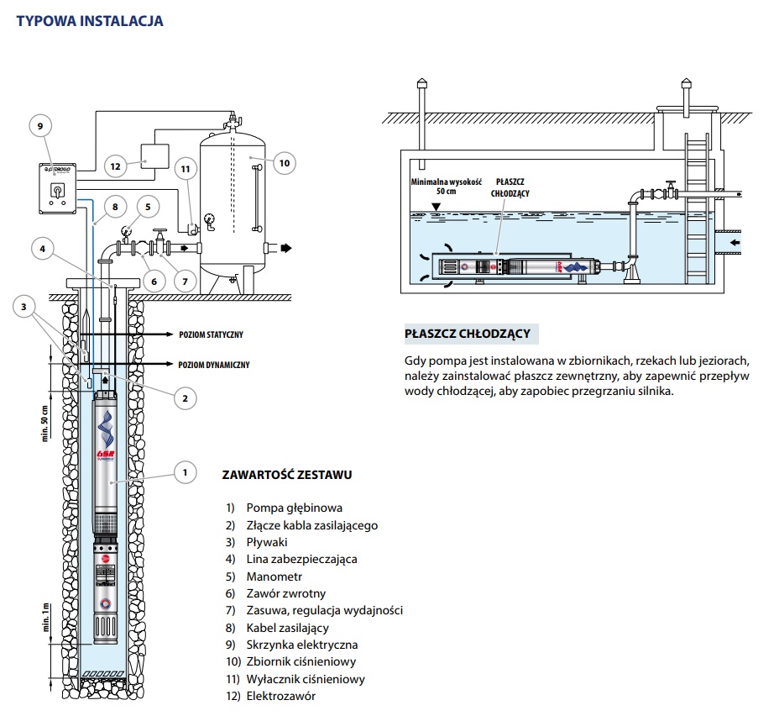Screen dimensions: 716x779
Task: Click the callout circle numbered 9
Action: coord(39,127)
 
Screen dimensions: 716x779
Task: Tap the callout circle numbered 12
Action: coord(117,166)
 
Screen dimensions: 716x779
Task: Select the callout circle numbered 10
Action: coord(284,162)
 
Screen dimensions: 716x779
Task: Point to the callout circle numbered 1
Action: coord(184,472)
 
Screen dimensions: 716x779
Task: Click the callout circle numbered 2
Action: coord(184,397)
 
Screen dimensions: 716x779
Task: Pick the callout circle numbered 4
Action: coord(43,248)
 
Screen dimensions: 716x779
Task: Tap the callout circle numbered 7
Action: coord(184,279)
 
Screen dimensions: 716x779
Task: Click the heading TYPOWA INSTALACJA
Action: coord(90,21)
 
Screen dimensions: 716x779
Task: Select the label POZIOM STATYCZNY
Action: coord(211,334)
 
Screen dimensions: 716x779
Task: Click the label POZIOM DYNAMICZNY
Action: coord(214,365)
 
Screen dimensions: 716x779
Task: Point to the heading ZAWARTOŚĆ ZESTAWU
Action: coord(286,475)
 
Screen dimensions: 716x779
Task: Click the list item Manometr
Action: coord(274,577)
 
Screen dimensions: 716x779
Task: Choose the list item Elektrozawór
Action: coord(280,696)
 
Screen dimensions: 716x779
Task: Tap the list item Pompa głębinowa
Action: coord(294,508)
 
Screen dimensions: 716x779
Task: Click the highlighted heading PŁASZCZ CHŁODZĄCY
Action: coord(467,334)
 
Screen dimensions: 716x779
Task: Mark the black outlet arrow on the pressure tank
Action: coord(286,248)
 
